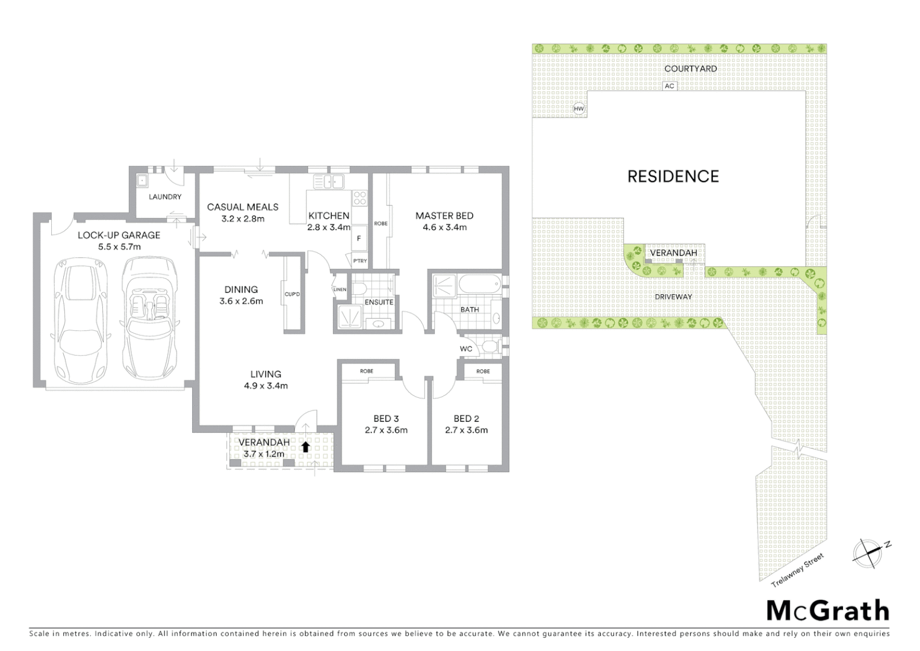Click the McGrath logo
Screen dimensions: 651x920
pyautogui.click(x=827, y=611)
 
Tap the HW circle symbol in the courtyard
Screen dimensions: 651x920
pyautogui.click(x=579, y=109)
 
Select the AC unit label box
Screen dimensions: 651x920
pyautogui.click(x=669, y=86)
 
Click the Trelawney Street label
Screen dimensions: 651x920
pyautogui.click(x=797, y=570)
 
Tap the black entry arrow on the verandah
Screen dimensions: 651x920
pyautogui.click(x=305, y=447)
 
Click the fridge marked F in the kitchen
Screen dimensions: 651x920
pyautogui.click(x=359, y=238)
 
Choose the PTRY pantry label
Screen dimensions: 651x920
pyautogui.click(x=359, y=260)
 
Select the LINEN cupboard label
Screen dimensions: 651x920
pyautogui.click(x=340, y=289)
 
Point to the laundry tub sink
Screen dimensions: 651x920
pyautogui.click(x=143, y=180)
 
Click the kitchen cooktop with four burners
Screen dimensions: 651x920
pyautogui.click(x=359, y=199)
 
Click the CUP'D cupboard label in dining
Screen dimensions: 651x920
pyautogui.click(x=292, y=294)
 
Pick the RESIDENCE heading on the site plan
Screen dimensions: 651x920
pyautogui.click(x=673, y=176)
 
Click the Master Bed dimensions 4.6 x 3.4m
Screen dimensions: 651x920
pyautogui.click(x=444, y=227)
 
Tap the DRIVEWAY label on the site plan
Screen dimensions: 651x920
pyautogui.click(x=674, y=297)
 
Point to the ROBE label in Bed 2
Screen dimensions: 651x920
pyautogui.click(x=483, y=371)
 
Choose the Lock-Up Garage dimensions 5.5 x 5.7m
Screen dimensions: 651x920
pyautogui.click(x=119, y=247)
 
